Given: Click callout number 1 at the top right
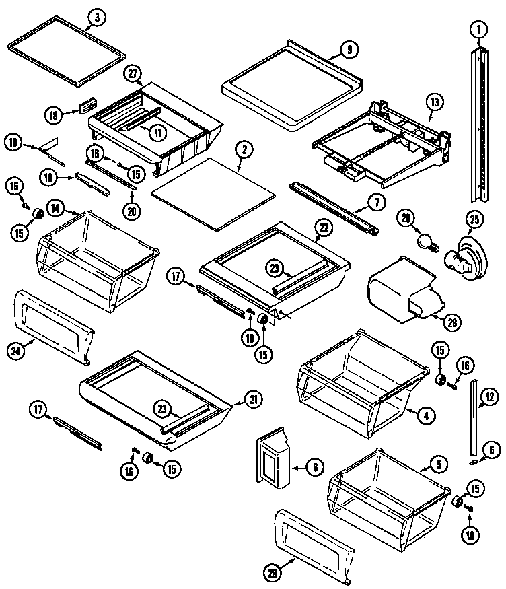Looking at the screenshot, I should point(478,29).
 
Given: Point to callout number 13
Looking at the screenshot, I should point(435,102).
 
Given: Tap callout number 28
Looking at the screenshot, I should point(454,322).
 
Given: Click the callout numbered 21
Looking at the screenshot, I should point(253,400).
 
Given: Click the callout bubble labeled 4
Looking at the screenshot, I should point(425,416).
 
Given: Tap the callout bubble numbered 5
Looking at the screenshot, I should point(439,464).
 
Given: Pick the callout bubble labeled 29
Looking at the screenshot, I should point(271,574).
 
